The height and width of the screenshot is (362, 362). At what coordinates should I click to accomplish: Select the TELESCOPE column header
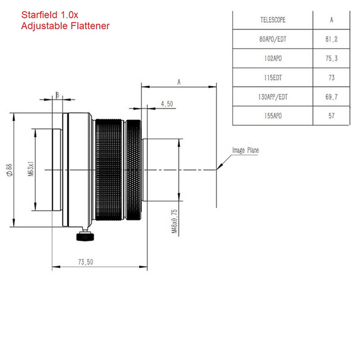273,20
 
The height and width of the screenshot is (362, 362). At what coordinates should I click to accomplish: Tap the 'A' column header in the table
331,20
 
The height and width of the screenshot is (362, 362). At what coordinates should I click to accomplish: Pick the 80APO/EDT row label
273,39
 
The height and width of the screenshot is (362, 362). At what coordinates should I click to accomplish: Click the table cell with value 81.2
331,39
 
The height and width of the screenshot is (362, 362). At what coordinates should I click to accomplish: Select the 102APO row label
273,59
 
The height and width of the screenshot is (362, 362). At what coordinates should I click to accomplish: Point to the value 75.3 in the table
331,59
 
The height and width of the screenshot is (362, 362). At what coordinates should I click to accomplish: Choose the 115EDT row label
273,78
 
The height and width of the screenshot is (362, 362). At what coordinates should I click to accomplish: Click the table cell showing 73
331,78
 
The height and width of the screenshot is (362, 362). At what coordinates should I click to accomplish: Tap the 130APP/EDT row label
273,97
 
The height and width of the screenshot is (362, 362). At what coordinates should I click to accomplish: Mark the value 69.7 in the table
331,97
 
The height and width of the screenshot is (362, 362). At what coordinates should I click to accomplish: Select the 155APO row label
273,116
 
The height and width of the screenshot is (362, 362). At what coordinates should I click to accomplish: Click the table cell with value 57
331,116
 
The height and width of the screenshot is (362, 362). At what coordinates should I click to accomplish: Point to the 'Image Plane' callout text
245,150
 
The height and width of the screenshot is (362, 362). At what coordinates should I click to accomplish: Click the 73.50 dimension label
86,262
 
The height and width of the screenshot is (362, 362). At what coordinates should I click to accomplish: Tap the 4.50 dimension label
167,104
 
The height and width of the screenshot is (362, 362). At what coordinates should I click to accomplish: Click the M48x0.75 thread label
174,221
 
